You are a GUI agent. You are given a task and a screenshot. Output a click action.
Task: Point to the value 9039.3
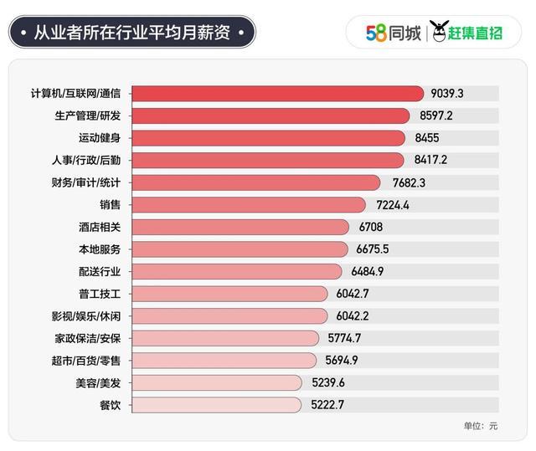(449, 93)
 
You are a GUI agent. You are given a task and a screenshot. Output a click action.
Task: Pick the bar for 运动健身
(268, 137)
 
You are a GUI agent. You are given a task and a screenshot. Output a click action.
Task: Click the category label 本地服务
(100, 249)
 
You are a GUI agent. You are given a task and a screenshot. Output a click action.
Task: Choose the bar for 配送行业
(237, 271)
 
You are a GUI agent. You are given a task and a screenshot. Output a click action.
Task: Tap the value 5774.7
(344, 338)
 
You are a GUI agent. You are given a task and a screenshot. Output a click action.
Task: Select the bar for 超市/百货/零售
(225, 360)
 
